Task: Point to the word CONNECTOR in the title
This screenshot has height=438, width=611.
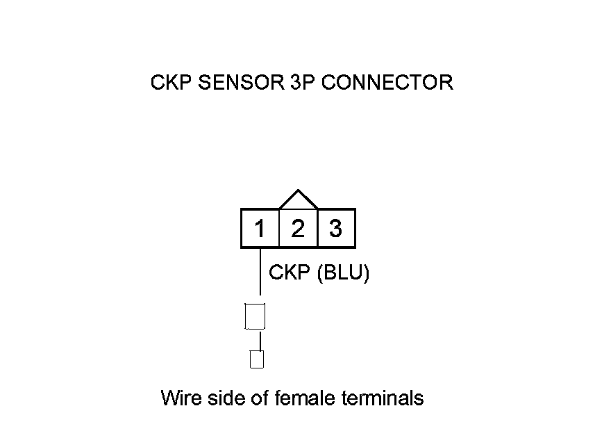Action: click(x=387, y=83)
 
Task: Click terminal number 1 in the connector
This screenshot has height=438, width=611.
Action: click(x=260, y=229)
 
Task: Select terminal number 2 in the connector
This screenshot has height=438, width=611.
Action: click(x=298, y=229)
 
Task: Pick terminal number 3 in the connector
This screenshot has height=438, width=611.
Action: click(x=336, y=229)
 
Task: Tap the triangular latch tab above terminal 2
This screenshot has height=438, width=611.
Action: click(x=298, y=200)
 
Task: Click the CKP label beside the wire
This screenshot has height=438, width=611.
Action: click(x=290, y=273)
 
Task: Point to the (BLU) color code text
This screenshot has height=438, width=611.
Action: click(x=343, y=273)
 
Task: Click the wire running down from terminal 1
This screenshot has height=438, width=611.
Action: click(x=260, y=275)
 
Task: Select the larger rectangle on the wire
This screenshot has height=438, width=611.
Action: click(x=256, y=316)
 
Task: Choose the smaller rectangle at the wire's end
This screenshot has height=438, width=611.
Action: click(x=257, y=359)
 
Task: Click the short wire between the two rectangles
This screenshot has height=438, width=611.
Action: click(x=260, y=341)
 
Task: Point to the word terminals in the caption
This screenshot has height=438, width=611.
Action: click(x=383, y=398)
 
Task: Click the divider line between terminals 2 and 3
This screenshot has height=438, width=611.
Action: click(x=317, y=229)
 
